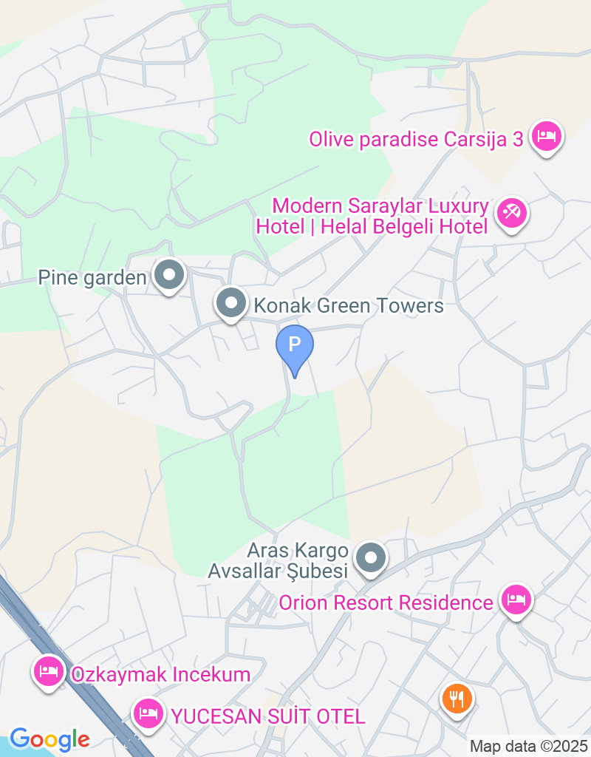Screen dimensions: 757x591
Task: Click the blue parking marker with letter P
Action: pyautogui.click(x=295, y=345)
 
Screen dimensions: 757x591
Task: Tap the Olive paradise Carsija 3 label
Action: pyautogui.click(x=416, y=139)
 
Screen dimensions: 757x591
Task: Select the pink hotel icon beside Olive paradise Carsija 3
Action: pyautogui.click(x=547, y=137)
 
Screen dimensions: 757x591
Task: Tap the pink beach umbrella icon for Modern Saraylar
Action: pyautogui.click(x=511, y=213)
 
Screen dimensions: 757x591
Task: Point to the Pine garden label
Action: pyautogui.click(x=93, y=278)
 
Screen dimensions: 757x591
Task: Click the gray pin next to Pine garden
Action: pyautogui.click(x=170, y=276)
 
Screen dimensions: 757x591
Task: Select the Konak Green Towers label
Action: pyautogui.click(x=348, y=305)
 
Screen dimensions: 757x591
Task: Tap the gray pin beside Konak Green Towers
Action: pyautogui.click(x=232, y=303)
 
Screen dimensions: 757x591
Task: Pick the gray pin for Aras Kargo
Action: pyautogui.click(x=371, y=559)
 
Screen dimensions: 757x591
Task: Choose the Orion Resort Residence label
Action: pyautogui.click(x=386, y=602)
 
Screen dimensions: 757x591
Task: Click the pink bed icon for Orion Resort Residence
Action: pyautogui.click(x=516, y=600)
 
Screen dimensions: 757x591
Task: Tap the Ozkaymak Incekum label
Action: pyautogui.click(x=160, y=674)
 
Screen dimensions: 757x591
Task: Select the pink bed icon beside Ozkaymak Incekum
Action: pyautogui.click(x=49, y=672)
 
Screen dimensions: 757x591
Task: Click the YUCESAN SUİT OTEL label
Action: pyautogui.click(x=268, y=716)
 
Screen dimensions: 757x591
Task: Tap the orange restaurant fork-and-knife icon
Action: pyautogui.click(x=457, y=697)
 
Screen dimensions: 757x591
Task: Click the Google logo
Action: pyautogui.click(x=49, y=739)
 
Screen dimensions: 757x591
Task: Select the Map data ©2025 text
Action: pyautogui.click(x=528, y=746)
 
